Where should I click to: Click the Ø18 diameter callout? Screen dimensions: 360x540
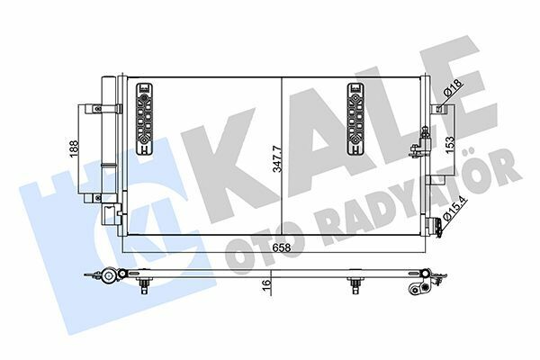455,90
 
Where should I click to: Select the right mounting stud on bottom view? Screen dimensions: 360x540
355,285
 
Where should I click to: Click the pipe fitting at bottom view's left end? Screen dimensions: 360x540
109,276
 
